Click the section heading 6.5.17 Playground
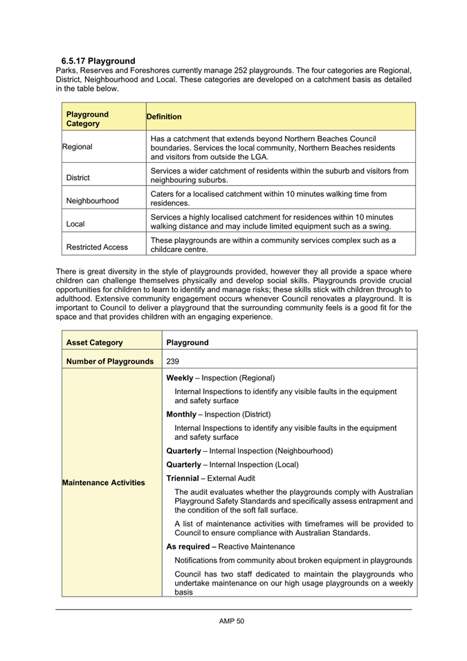tap(98, 61)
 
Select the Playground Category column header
tap(87, 118)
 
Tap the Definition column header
tap(164, 117)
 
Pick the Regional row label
tap(77, 147)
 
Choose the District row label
tap(78, 177)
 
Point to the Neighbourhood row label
tap(93, 201)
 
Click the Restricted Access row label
tap(98, 247)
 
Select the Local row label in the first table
tap(75, 224)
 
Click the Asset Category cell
tap(94, 342)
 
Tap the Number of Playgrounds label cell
tap(110, 361)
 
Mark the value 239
tap(173, 361)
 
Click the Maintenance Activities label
tap(105, 482)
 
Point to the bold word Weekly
tap(180, 378)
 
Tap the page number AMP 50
tap(232, 622)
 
